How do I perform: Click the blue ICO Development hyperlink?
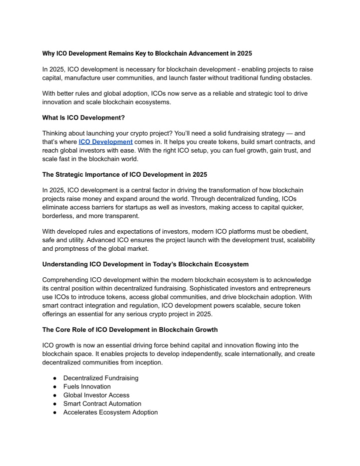pyautogui.click(x=105, y=142)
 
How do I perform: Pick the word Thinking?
pyautogui.click(x=58, y=134)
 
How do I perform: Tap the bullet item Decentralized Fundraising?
pyautogui.click(x=101, y=378)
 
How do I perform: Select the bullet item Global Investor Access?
pyautogui.click(x=96, y=395)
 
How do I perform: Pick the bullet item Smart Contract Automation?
pyautogui.click(x=102, y=403)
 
